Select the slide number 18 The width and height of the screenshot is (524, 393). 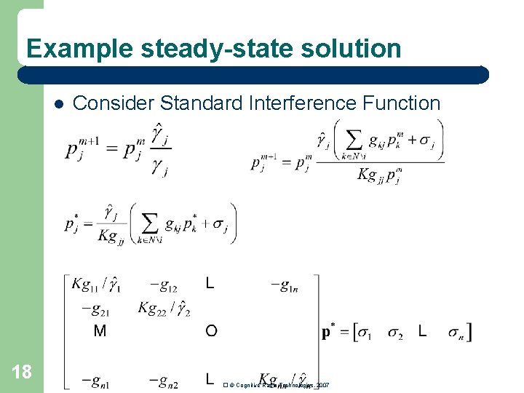point(22,372)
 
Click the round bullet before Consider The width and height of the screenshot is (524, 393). point(58,103)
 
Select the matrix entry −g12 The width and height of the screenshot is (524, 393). point(164,286)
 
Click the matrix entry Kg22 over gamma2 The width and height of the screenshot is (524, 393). point(165,308)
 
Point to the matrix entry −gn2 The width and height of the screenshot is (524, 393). point(164,380)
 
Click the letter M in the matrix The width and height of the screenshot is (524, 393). point(100,332)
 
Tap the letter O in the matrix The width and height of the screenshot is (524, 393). point(211,332)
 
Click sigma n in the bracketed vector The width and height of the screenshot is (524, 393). point(456,333)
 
